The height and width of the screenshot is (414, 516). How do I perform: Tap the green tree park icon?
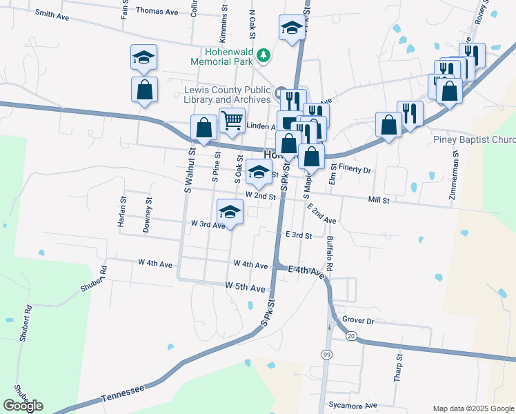click(x=263, y=55)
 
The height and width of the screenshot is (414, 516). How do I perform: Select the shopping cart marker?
click(x=232, y=121)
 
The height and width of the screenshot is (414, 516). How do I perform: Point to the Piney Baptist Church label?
click(x=474, y=140)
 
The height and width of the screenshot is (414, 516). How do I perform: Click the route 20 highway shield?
click(x=351, y=335)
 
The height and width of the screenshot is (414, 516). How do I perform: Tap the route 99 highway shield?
click(x=325, y=353)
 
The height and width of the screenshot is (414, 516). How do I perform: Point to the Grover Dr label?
click(x=357, y=321)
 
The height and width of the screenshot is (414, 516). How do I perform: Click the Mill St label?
click(x=379, y=200)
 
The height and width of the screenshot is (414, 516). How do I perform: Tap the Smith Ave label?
click(x=52, y=14)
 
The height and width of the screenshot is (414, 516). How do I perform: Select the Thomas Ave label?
click(x=157, y=10)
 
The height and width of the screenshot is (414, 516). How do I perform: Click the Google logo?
click(x=23, y=406)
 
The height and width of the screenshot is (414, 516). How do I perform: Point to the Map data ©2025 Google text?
click(x=473, y=408)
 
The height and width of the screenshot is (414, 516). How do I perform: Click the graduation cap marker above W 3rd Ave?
click(x=230, y=210)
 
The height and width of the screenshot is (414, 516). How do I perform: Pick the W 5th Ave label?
click(x=245, y=286)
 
